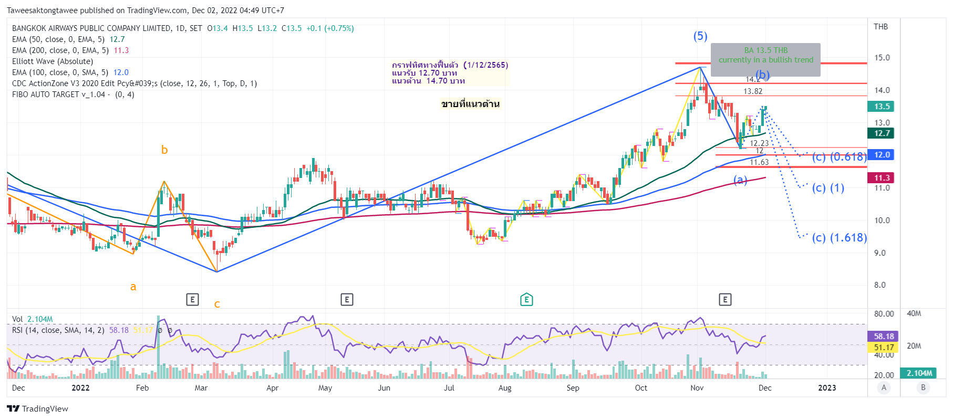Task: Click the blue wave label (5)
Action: click(700, 36)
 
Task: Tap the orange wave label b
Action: click(164, 150)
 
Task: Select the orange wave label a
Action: click(133, 287)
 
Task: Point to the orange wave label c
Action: click(217, 304)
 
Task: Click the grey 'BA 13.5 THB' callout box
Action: click(765, 59)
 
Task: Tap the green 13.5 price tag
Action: click(882, 107)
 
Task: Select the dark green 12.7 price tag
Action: click(882, 133)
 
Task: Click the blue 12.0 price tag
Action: click(882, 155)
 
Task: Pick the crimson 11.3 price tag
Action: click(882, 178)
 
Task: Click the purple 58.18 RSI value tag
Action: click(884, 337)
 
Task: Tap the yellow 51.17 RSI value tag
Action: click(884, 348)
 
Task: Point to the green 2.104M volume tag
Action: click(919, 373)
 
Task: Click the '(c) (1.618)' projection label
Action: click(839, 238)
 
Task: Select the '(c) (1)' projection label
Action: click(828, 188)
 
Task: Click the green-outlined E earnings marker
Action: click(526, 300)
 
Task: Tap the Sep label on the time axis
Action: click(573, 388)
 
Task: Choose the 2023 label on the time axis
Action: click(827, 388)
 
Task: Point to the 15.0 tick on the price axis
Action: click(882, 58)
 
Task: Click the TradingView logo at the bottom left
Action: click(38, 409)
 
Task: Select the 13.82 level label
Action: click(753, 91)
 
